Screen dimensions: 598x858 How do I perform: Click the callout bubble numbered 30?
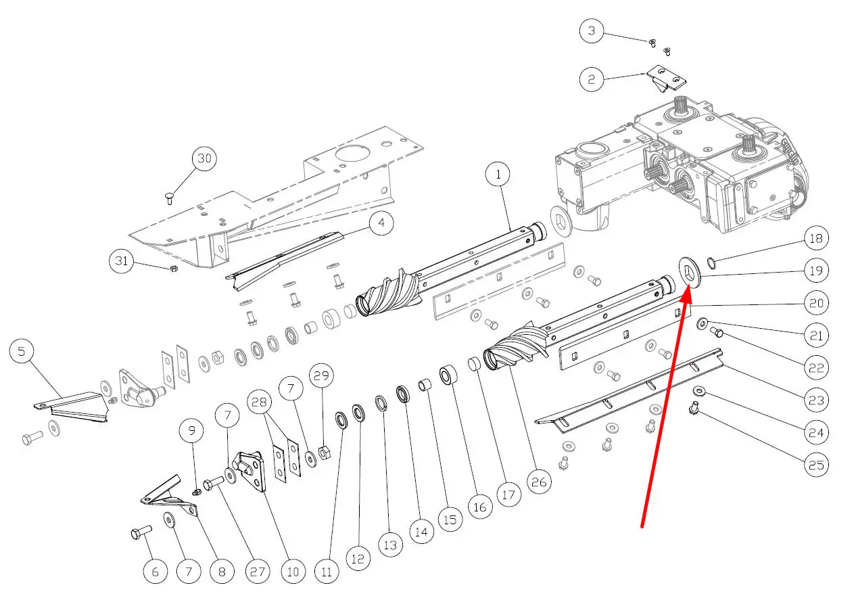[x=204, y=160]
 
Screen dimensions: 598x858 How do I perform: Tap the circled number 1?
[x=498, y=175]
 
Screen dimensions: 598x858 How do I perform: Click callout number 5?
[x=22, y=352]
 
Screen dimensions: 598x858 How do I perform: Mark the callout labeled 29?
[x=322, y=374]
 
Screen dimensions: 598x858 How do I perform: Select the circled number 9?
[x=191, y=430]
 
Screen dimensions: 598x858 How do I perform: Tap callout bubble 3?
[x=592, y=31]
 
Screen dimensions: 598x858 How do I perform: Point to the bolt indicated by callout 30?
[x=169, y=198]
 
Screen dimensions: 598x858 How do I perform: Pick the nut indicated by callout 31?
[x=174, y=269]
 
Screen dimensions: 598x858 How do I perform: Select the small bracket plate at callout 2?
[x=666, y=78]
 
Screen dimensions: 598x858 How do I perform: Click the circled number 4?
[x=382, y=224]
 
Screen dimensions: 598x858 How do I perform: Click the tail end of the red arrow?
[x=642, y=525]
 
